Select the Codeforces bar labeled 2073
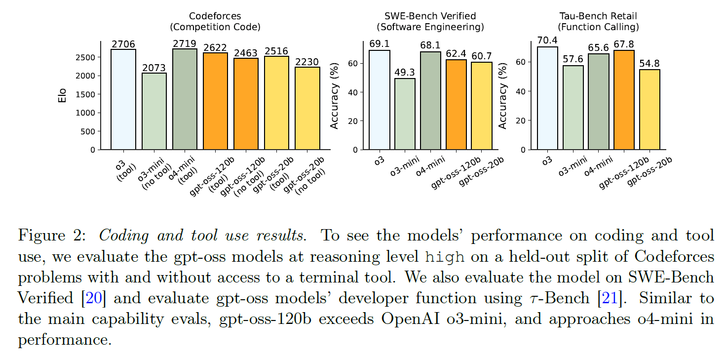[x=154, y=111]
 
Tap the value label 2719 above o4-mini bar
[x=185, y=44]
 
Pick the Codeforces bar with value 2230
[x=307, y=108]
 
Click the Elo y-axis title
[x=63, y=95]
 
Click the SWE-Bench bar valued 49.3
[x=405, y=114]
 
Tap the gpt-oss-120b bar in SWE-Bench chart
[x=456, y=104]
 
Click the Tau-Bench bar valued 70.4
[x=547, y=98]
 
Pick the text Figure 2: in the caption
[x=54, y=236]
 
